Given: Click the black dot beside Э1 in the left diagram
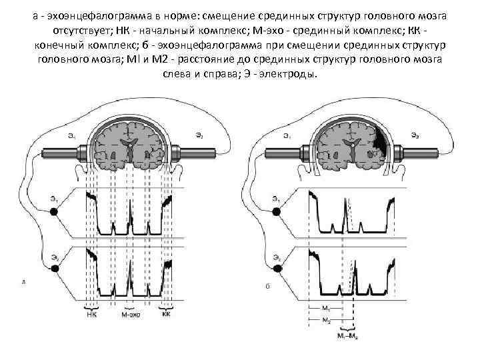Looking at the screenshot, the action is pyautogui.click(x=55, y=211).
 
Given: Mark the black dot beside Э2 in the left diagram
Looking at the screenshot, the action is pyautogui.click(x=55, y=268).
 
